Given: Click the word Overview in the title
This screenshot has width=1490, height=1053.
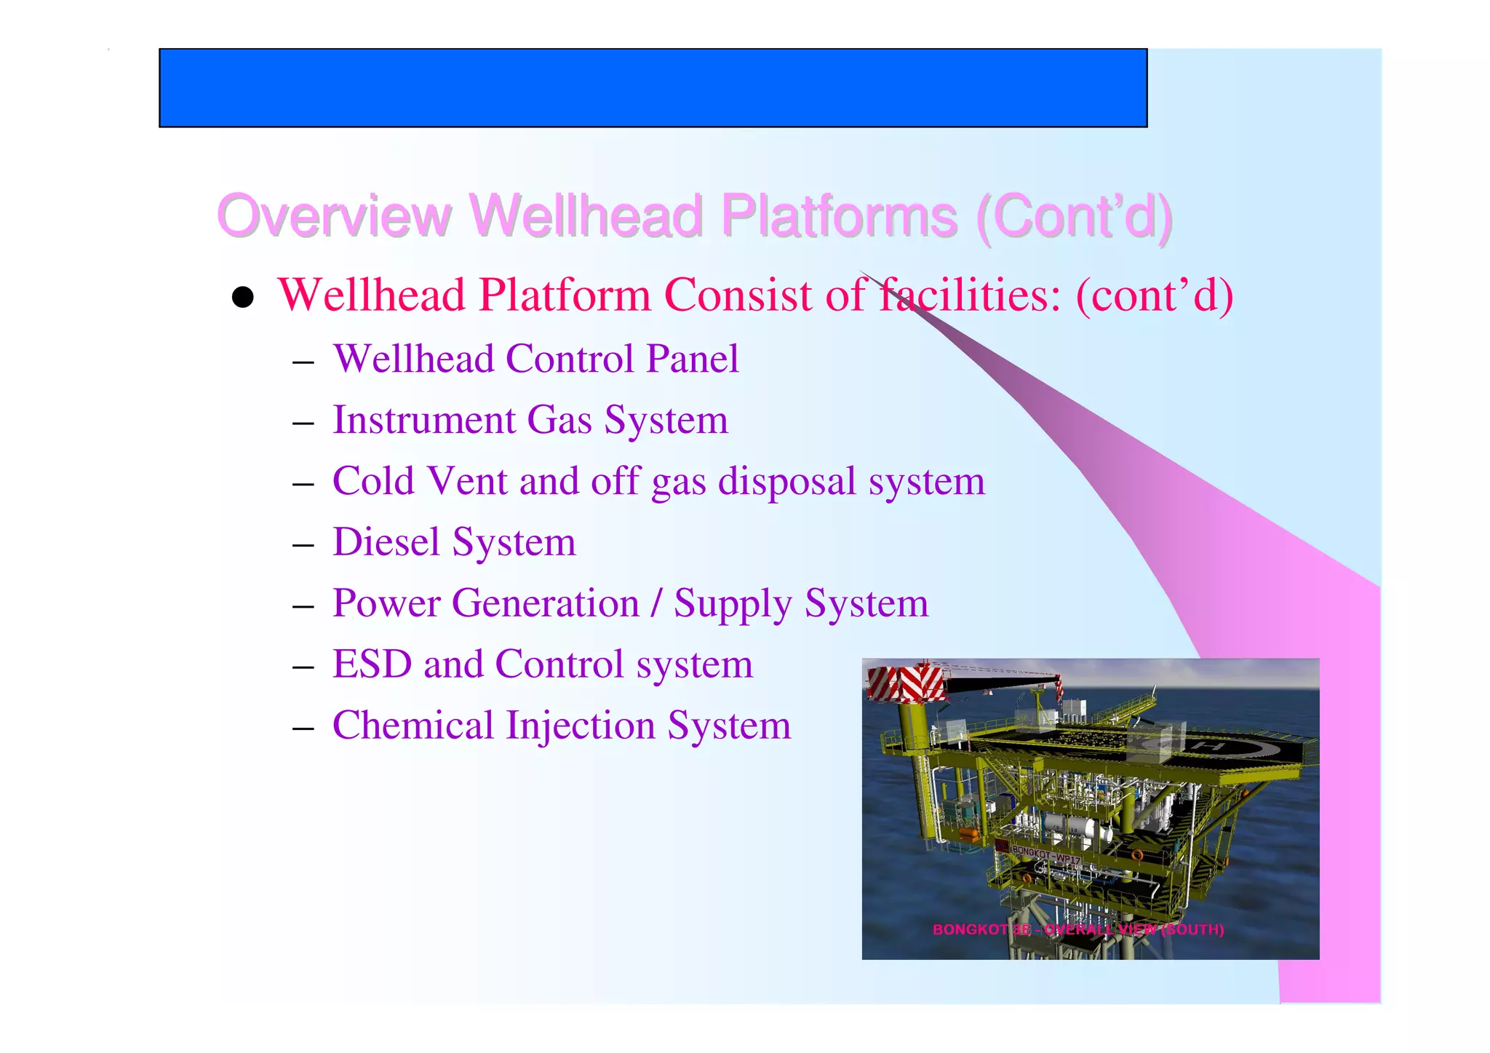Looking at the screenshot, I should tap(335, 216).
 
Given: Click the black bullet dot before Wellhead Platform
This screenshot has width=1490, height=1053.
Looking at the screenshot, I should tap(242, 297).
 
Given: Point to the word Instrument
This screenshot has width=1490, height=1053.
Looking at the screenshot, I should tap(424, 420).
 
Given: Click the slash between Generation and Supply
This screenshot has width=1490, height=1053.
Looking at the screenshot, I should tap(657, 603).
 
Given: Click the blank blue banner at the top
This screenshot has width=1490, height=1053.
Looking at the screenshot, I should tap(653, 88).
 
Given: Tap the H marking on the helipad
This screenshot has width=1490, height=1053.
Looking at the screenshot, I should tap(1214, 747).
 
